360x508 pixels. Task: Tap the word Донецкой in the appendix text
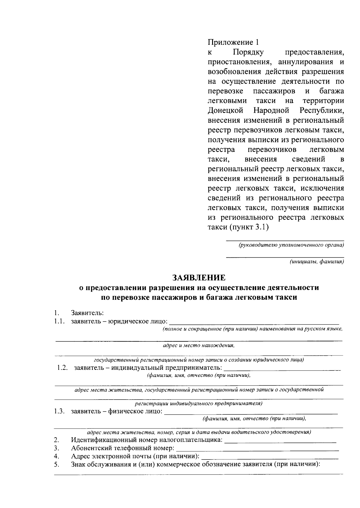point(225,110)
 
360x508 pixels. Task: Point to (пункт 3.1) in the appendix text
point(249,227)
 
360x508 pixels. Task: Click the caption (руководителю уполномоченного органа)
point(291,245)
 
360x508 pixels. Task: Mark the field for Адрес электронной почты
point(270,458)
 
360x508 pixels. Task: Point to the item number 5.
point(56,465)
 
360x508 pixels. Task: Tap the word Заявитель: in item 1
point(87,313)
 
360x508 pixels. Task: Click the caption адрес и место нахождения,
point(198,345)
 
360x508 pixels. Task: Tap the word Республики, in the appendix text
point(322,110)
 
